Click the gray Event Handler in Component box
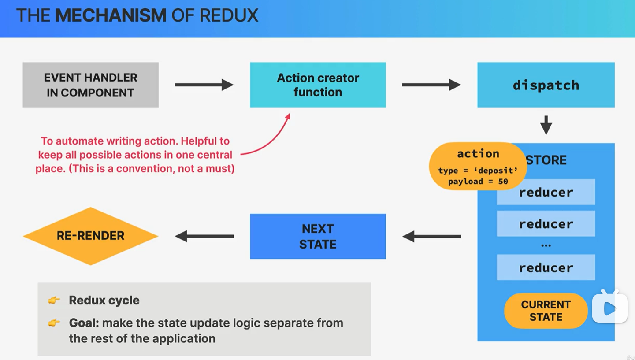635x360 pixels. [x=90, y=85]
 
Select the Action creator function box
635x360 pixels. [x=318, y=85]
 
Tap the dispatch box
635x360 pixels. [x=546, y=85]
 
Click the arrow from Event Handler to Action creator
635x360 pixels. [x=204, y=85]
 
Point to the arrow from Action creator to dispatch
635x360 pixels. [x=431, y=85]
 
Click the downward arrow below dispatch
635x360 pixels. [x=546, y=126]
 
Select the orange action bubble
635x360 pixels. [x=478, y=166]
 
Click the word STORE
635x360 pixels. [x=546, y=160]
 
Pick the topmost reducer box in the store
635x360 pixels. [x=546, y=192]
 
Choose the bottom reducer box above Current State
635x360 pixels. [x=546, y=267]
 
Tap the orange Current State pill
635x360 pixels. [x=546, y=311]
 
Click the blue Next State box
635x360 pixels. [x=318, y=236]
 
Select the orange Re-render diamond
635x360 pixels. [x=90, y=236]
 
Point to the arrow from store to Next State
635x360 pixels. [x=431, y=237]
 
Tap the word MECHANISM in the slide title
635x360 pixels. [x=111, y=15]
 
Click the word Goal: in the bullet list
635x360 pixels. [x=84, y=323]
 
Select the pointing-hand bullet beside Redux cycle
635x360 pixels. [x=54, y=301]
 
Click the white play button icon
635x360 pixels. [x=609, y=308]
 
